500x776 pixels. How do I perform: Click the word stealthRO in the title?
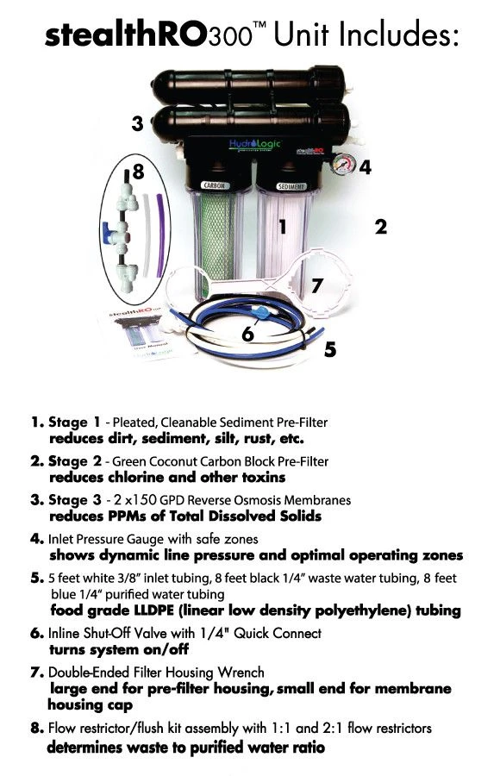coord(124,35)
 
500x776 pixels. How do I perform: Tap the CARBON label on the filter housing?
coord(212,185)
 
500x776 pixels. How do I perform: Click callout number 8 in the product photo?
coord(137,173)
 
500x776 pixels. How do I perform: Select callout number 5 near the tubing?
coord(330,350)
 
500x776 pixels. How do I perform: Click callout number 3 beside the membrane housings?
coord(137,123)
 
